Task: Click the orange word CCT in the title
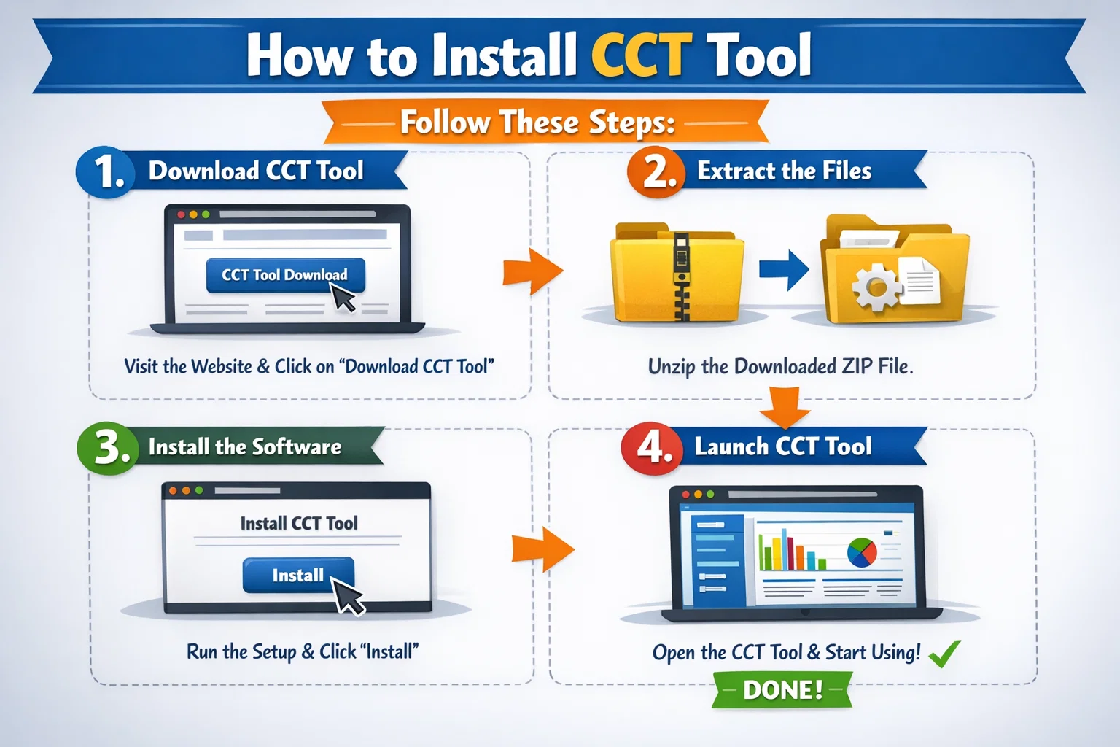[x=640, y=54]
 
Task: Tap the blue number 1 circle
[x=107, y=173]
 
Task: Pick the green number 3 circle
[x=108, y=446]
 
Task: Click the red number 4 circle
[x=652, y=446]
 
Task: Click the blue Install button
[x=297, y=576]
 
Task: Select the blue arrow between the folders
[x=784, y=269]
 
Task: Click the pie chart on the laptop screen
[x=862, y=553]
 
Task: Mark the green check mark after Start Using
[x=945, y=654]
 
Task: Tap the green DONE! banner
[x=782, y=689]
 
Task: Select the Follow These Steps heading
[x=538, y=123]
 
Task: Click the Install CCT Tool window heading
[x=299, y=523]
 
